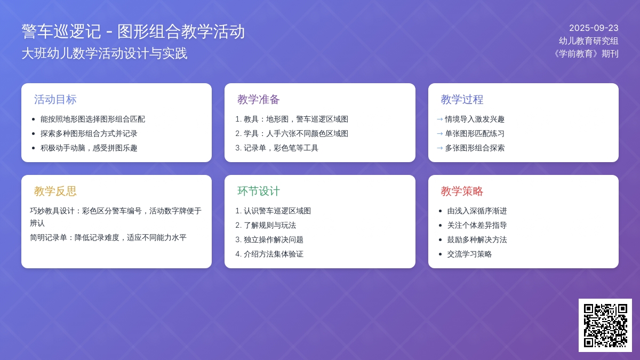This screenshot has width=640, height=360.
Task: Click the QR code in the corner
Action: coord(605,325)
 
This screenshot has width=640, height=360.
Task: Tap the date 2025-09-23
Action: coord(594,28)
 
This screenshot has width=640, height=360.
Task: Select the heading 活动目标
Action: coord(55,99)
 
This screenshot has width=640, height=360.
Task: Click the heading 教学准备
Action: coord(259,99)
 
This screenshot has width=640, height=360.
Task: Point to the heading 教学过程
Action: coord(462,99)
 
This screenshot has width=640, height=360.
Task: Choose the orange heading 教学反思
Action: coord(55,191)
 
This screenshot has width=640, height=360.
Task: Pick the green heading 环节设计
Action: coord(259,191)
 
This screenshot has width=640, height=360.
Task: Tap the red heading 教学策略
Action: coord(462,191)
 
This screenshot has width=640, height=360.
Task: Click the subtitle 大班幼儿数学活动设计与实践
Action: coord(105,53)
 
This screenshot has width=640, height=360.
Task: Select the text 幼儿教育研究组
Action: coord(589,41)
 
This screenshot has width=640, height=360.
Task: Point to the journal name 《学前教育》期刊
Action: coord(586,54)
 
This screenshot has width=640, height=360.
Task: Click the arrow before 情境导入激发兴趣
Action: coord(440,119)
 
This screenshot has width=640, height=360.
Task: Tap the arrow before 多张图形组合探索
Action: coord(440,148)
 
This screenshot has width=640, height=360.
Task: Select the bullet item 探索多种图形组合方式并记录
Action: coord(89,133)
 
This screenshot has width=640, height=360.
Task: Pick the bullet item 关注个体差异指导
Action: coord(477,225)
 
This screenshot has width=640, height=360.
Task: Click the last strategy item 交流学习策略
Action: coord(469,254)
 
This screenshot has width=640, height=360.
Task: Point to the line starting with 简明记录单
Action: coord(108,237)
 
